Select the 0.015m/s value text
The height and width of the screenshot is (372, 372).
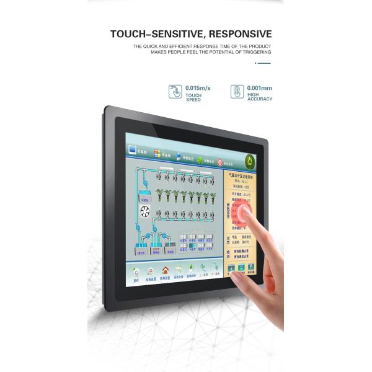coord(198,88)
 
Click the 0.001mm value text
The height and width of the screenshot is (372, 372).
coord(259,88)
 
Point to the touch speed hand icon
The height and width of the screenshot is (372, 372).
coord(175,92)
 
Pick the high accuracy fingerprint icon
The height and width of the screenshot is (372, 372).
coord(237,92)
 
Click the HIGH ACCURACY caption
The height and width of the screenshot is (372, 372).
coord(259,97)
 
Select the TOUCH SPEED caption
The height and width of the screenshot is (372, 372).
coord(193,97)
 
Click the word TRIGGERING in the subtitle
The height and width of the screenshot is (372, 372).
coord(255,52)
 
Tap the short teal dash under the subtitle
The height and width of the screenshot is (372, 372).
coord(264,63)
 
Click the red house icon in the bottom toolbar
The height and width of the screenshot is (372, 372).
coord(165,271)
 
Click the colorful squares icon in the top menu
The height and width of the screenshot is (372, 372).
coord(157,153)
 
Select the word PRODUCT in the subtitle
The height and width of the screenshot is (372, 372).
coord(259,46)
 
